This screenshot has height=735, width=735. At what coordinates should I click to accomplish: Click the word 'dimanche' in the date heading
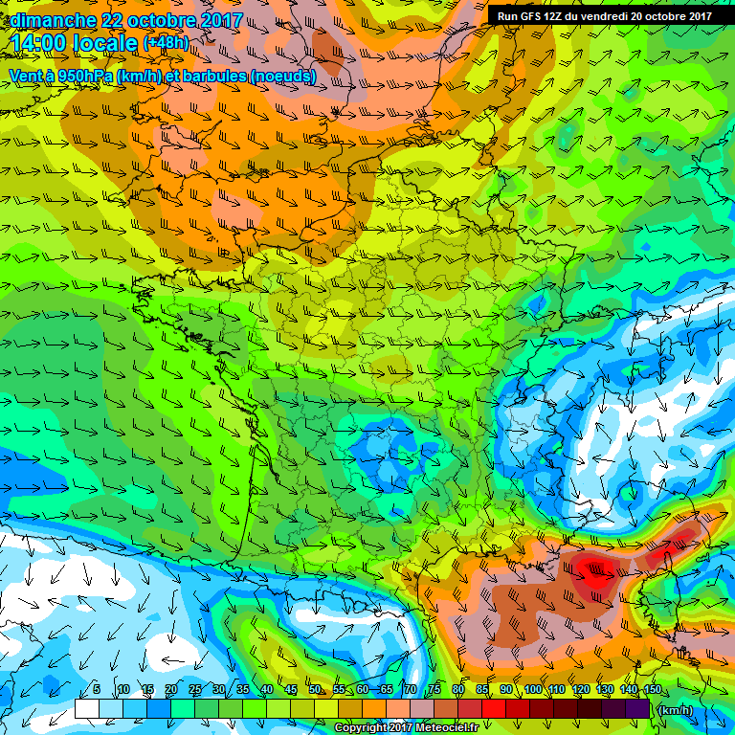(53, 20)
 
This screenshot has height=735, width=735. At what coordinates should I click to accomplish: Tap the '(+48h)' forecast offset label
(166, 43)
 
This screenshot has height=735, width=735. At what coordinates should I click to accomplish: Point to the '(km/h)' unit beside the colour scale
(675, 709)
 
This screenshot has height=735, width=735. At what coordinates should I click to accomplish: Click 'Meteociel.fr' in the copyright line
(439, 728)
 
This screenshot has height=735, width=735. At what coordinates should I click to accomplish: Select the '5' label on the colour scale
(97, 690)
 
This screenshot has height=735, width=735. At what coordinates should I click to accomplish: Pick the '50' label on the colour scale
(315, 690)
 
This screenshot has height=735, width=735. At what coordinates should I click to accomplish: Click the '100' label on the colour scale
(532, 690)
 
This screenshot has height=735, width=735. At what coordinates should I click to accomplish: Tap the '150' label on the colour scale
(653, 690)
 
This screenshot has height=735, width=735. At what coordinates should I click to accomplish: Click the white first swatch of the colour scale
(86, 709)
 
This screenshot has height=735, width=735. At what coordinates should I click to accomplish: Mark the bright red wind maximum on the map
(595, 574)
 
